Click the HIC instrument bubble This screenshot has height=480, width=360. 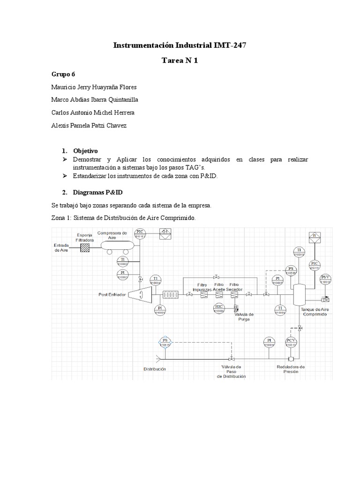[219, 307]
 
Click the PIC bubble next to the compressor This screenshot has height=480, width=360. [141, 233]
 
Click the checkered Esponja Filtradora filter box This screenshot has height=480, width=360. [85, 247]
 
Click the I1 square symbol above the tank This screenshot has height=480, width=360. [315, 236]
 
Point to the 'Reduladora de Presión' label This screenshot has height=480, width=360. [291, 369]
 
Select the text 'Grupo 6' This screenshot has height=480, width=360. [62, 74]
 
